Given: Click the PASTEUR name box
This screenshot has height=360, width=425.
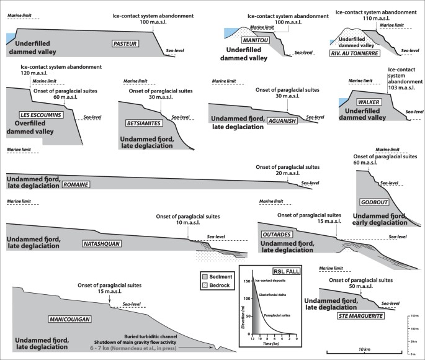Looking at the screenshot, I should (x=126, y=44).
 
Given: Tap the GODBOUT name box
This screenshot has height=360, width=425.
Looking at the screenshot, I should (x=374, y=203).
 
